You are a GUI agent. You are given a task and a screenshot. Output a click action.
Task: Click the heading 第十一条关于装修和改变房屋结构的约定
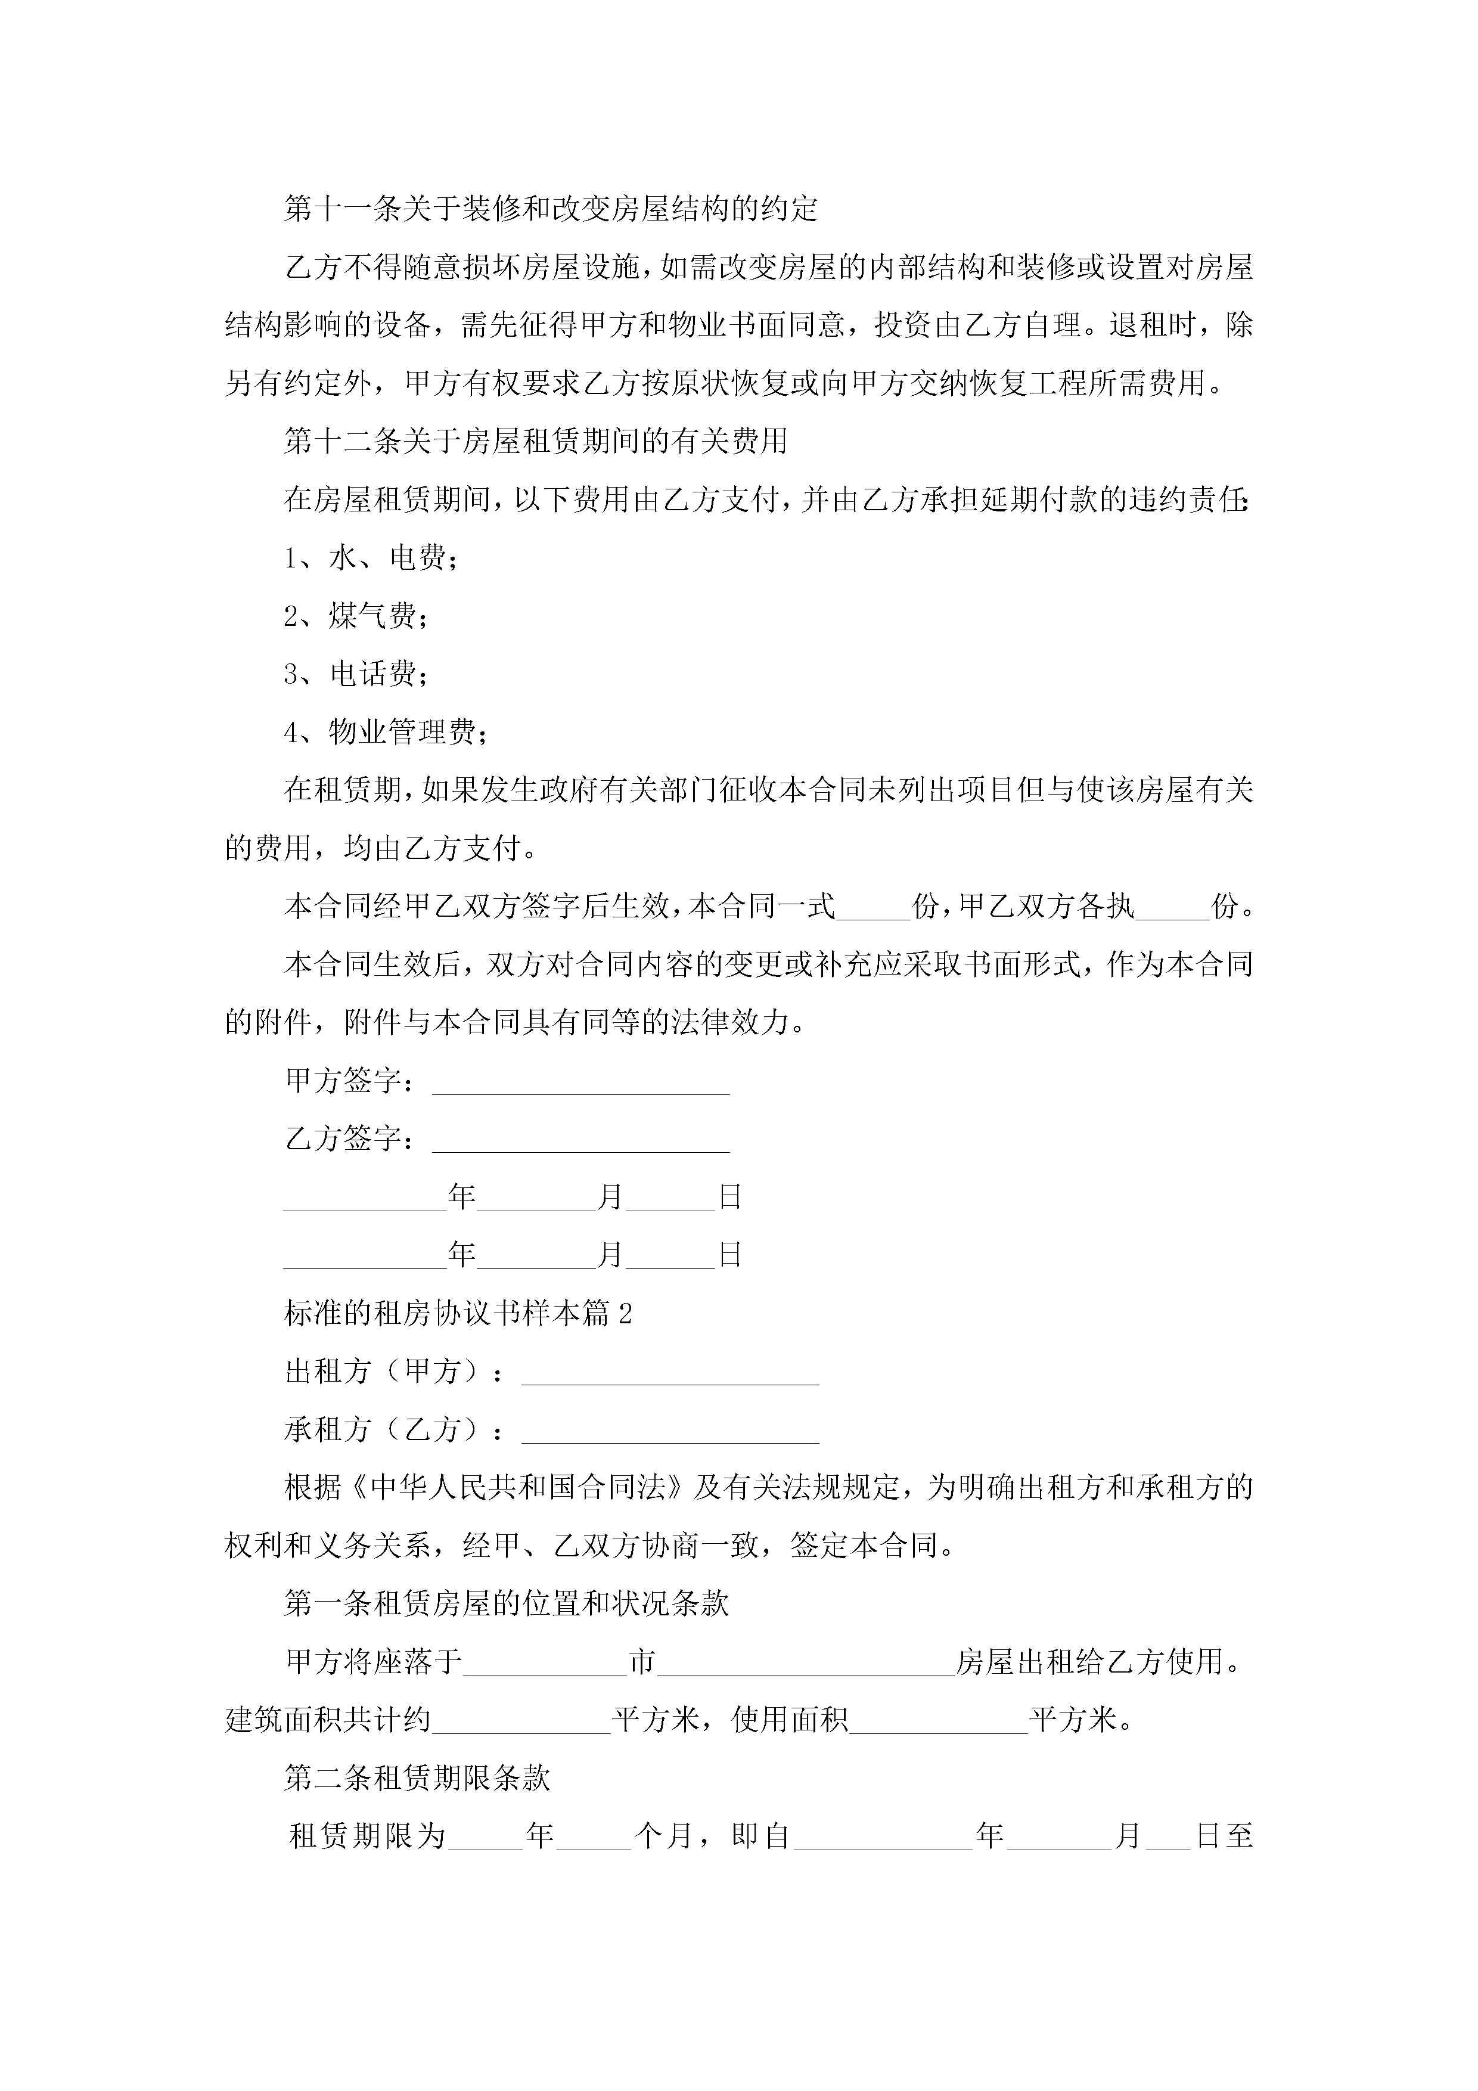tap(551, 209)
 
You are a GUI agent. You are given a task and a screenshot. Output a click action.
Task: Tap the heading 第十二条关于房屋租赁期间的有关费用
tap(535, 442)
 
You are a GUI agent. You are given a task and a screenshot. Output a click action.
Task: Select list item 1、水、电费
tap(371, 557)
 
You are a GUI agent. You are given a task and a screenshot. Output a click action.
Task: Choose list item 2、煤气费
tap(356, 616)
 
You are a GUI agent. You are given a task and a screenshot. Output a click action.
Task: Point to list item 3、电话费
tap(356, 674)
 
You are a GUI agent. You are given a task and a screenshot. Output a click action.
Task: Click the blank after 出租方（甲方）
tap(670, 1373)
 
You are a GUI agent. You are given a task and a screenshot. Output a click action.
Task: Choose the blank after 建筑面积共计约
tap(521, 1722)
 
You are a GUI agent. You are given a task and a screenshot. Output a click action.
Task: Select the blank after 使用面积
tap(938, 1722)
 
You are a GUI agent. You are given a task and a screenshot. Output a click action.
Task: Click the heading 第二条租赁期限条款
tap(417, 1779)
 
